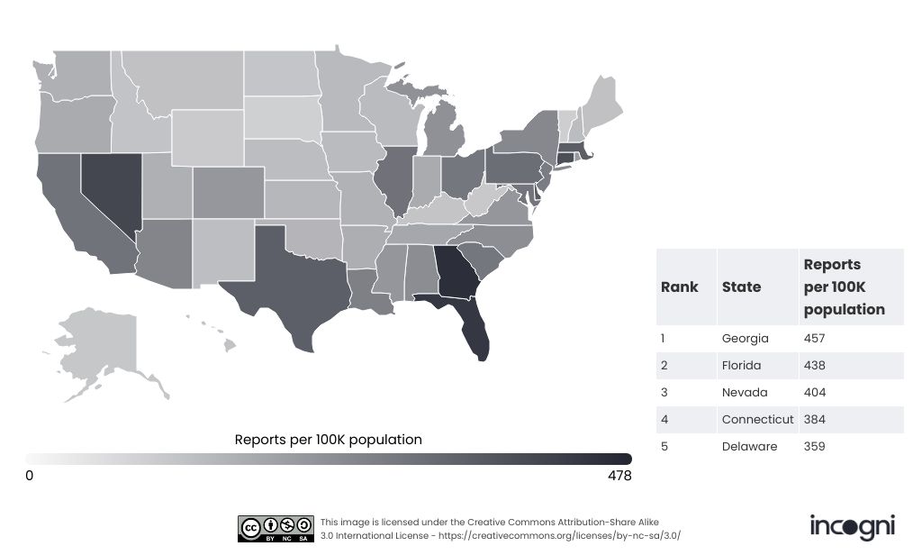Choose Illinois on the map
tap(396, 180)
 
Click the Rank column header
tap(680, 287)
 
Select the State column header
tap(741, 287)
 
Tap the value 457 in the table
tap(814, 339)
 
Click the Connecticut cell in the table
tap(757, 420)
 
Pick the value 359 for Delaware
tap(814, 447)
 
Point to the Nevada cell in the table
tap(745, 393)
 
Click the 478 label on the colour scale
tap(620, 476)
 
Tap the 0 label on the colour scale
tap(30, 476)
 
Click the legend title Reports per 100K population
tap(328, 441)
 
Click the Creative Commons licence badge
tap(276, 529)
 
